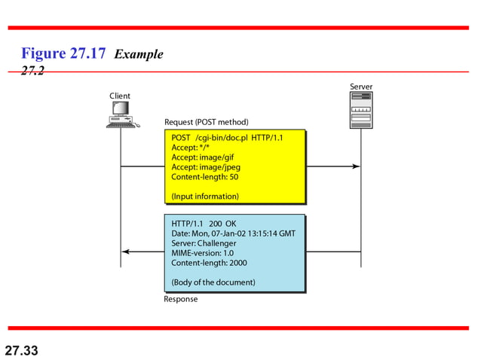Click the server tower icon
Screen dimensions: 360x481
point(360,111)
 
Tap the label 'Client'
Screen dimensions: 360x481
point(120,96)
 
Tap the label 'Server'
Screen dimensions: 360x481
point(361,87)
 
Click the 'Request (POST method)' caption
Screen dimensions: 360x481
point(206,122)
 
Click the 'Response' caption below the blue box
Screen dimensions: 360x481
point(181,299)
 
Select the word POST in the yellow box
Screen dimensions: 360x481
point(181,138)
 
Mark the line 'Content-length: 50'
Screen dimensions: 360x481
point(205,177)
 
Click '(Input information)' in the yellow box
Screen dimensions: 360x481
point(205,197)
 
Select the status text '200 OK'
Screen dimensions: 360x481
point(223,224)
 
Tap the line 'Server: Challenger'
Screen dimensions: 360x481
point(204,243)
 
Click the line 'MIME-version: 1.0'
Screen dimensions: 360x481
point(203,253)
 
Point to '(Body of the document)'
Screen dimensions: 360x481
point(213,282)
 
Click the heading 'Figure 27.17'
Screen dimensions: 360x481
point(64,53)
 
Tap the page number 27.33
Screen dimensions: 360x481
point(21,350)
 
